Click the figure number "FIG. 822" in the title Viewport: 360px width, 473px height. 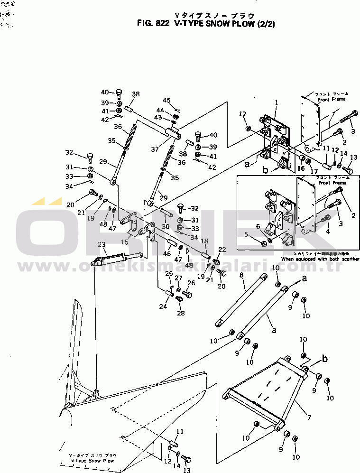tap(152, 22)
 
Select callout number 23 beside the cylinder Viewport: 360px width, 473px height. tap(101, 244)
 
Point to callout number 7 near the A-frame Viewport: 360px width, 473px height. tap(309, 417)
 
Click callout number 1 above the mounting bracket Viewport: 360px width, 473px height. tap(277, 102)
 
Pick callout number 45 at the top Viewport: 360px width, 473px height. tap(166, 100)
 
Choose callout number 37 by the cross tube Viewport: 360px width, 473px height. tap(155, 149)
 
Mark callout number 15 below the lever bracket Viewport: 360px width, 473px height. tap(125, 242)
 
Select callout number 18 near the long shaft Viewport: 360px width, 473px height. tap(205, 241)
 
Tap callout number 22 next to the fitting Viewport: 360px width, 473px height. tap(222, 250)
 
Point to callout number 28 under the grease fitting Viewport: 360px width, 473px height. tap(181, 313)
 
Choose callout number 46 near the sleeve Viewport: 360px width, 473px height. tap(166, 254)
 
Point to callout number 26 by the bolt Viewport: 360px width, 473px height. tap(191, 283)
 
